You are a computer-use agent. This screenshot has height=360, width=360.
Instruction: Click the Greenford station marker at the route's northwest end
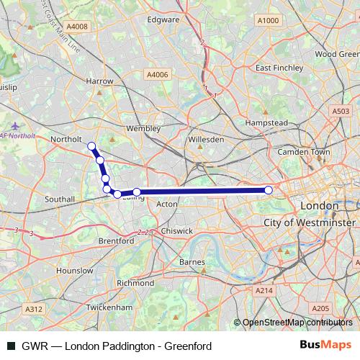[91, 146]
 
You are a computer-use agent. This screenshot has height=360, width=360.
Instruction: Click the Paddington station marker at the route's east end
[269, 190]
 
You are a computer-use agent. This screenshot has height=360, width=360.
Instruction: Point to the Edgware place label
[163, 20]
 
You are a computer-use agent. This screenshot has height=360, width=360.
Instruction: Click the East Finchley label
[276, 68]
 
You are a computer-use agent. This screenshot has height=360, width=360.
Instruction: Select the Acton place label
[166, 204]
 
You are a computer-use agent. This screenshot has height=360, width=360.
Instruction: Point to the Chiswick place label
[177, 231]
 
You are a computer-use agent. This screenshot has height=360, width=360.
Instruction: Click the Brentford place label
[117, 241]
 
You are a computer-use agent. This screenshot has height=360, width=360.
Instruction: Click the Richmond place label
[135, 283]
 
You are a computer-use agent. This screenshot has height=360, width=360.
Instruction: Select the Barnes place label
[192, 262]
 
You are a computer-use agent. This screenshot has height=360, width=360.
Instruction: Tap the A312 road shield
[34, 308]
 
